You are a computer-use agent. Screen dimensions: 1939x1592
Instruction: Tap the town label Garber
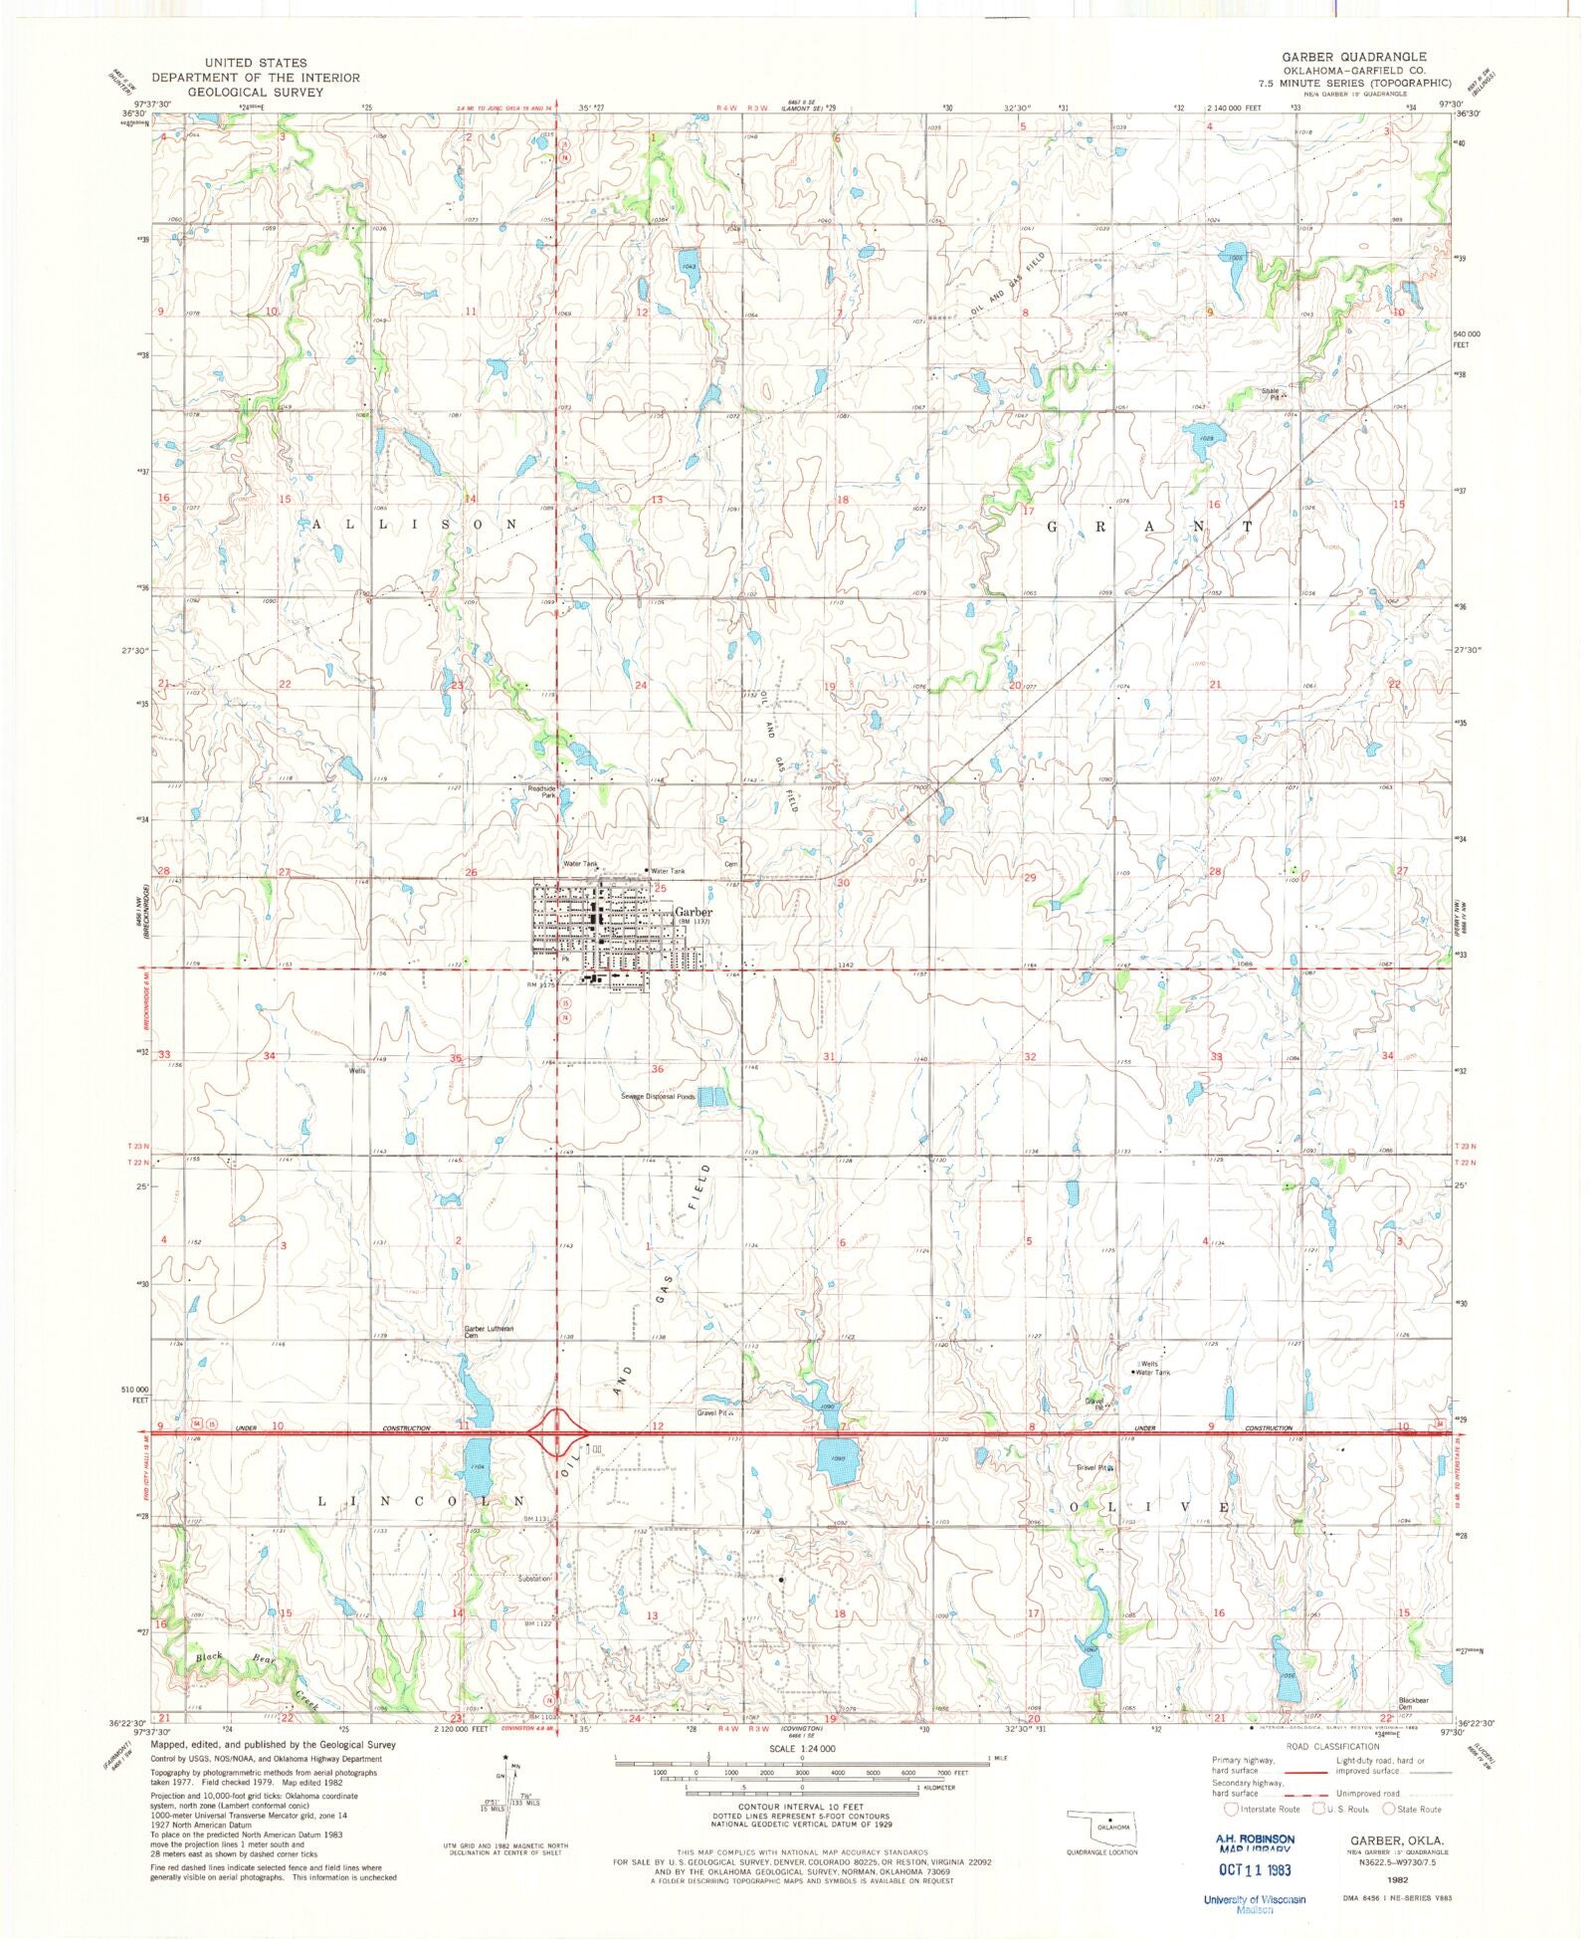coord(694,912)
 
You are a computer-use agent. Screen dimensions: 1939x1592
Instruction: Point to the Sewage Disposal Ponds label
coord(658,1096)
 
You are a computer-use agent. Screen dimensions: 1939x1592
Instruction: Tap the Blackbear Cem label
coord(1413,1703)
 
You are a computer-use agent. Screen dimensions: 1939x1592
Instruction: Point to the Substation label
coord(533,1578)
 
